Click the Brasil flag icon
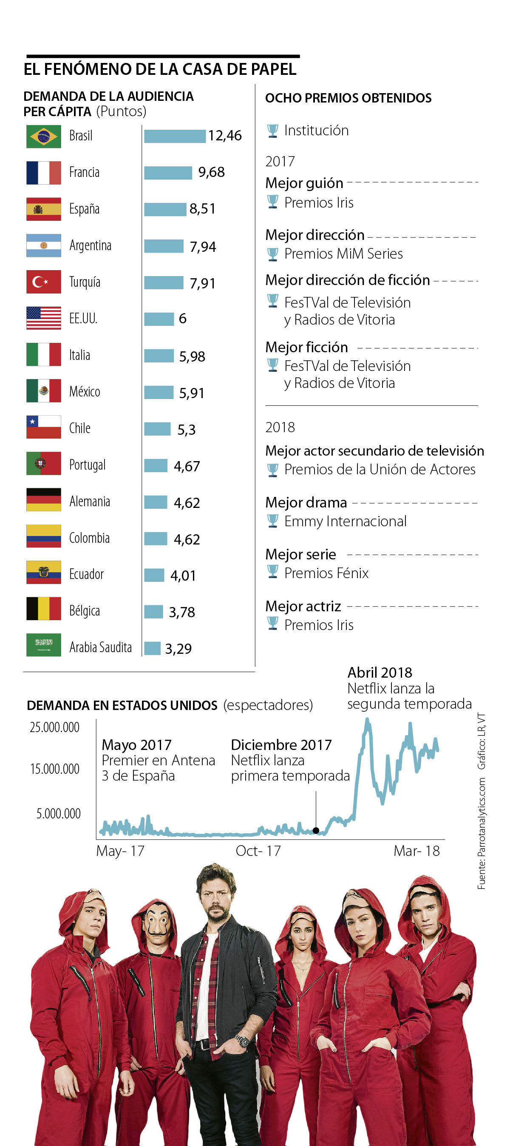pos(44,136)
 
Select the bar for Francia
pos(168,173)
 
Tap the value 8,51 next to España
pos(202,208)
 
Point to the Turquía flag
pos(44,282)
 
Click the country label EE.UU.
pos(83,319)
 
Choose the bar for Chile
pos(157,429)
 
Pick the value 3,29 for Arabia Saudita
pos(178,649)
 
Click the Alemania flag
pos(44,499)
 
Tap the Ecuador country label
pos(86,574)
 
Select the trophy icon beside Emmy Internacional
pos(272,521)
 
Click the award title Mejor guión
pos(304,183)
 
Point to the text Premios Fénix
pos(326,573)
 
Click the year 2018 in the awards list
pos(280,427)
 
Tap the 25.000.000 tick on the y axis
pos(55,727)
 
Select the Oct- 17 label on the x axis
pos(258,851)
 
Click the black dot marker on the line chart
pos(316,830)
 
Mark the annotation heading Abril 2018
pos(380,672)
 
